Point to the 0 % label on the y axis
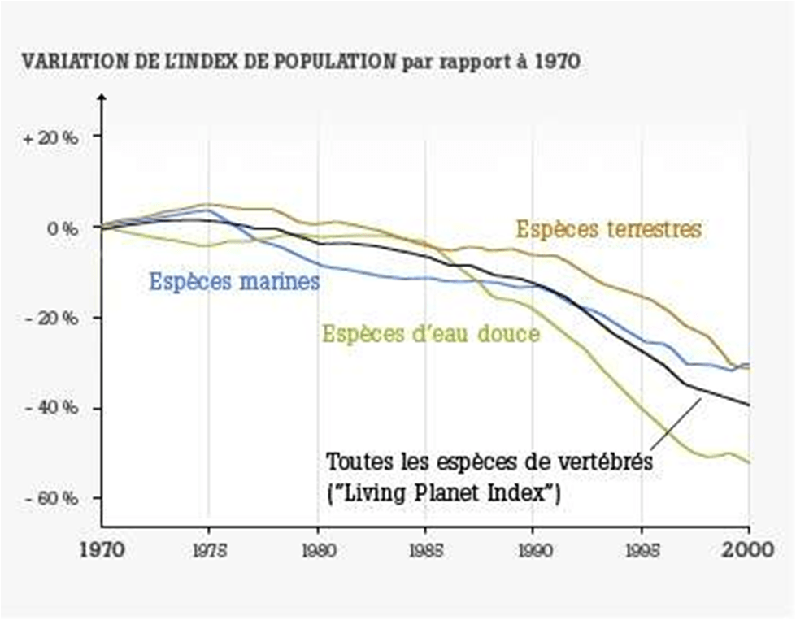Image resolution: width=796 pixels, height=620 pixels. (x=61, y=228)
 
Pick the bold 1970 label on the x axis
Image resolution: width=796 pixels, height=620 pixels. (x=102, y=548)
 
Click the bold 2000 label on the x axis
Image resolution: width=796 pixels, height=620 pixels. (x=748, y=548)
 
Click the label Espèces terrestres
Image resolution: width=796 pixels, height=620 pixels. (x=608, y=229)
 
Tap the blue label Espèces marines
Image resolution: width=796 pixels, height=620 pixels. (x=234, y=282)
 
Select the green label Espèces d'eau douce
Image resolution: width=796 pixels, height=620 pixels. (x=431, y=333)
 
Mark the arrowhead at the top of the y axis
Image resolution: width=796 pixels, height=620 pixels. (x=102, y=98)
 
